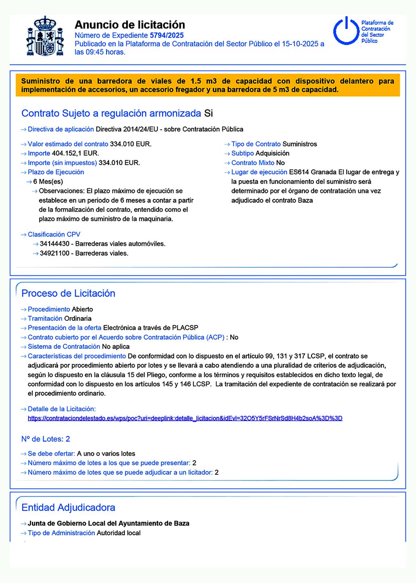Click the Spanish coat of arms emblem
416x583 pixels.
tap(45, 37)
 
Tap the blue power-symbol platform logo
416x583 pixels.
tap(346, 31)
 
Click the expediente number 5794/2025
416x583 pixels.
tap(167, 36)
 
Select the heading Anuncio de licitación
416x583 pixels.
tap(130, 25)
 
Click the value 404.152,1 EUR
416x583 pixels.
tap(75, 153)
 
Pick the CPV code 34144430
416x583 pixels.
tap(54, 244)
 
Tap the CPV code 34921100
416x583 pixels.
tap(54, 254)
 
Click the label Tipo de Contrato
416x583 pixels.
tap(256, 144)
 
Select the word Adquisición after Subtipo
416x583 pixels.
tap(272, 153)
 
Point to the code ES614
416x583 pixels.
tap(299, 172)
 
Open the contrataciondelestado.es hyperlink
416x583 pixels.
tap(185, 418)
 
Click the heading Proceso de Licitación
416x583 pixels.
tap(68, 294)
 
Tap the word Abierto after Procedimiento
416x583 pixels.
tap(82, 309)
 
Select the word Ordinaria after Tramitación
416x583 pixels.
tap(78, 319)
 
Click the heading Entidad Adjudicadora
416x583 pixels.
tap(68, 508)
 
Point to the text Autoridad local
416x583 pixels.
tap(119, 533)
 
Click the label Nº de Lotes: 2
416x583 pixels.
tap(46, 439)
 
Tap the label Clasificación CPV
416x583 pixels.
tap(54, 235)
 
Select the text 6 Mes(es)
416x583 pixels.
tap(48, 182)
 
